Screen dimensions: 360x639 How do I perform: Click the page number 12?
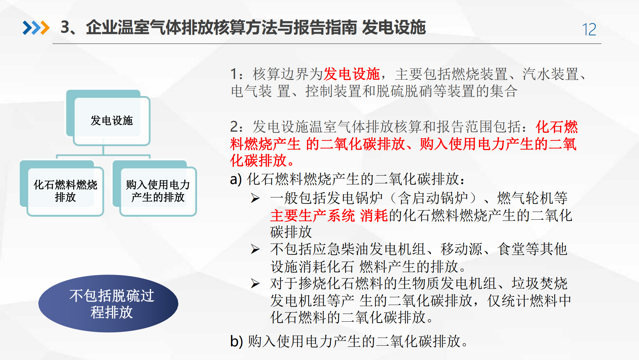click(589, 30)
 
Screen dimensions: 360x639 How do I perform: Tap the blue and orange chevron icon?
click(36, 28)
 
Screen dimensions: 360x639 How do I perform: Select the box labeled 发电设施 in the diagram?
click(111, 120)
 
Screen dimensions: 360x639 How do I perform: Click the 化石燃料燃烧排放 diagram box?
click(65, 191)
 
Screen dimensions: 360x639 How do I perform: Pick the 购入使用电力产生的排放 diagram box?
click(158, 191)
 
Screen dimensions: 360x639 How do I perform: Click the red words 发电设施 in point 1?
click(351, 74)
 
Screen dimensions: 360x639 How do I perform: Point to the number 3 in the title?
click(65, 27)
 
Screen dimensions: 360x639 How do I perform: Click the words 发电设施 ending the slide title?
click(394, 27)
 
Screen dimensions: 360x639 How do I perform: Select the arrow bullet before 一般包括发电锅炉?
click(255, 198)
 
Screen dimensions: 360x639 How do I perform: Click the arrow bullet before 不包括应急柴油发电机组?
click(255, 249)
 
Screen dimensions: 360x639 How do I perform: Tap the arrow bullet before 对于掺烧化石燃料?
click(255, 284)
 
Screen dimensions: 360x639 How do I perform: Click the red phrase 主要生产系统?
click(313, 215)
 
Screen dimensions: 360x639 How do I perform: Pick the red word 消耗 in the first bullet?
click(374, 215)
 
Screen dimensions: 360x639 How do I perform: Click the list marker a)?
click(236, 179)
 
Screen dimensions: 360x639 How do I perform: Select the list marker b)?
click(236, 341)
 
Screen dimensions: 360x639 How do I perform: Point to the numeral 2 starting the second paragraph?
click(234, 127)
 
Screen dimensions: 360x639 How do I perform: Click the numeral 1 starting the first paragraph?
click(234, 74)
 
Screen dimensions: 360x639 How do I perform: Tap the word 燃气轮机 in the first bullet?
click(525, 198)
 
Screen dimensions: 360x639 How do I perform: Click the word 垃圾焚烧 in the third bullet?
click(539, 284)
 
